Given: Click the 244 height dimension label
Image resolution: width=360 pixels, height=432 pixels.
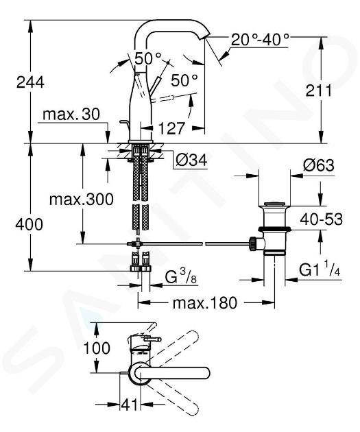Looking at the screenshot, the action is pyautogui.click(x=30, y=82).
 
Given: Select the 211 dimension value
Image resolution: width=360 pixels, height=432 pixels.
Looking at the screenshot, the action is pyautogui.click(x=319, y=91).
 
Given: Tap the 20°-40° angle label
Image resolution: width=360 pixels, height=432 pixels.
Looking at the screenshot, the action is pyautogui.click(x=260, y=40).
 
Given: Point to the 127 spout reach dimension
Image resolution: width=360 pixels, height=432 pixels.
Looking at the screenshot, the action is pyautogui.click(x=171, y=128).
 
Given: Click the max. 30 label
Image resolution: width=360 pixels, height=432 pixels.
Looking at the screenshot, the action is pyautogui.click(x=71, y=114).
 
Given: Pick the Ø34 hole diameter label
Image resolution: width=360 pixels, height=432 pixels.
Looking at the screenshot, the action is pyautogui.click(x=192, y=160).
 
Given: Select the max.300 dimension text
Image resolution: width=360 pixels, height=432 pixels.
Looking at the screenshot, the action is pyautogui.click(x=81, y=199).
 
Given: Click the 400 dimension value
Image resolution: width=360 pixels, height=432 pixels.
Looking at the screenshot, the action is pyautogui.click(x=29, y=224).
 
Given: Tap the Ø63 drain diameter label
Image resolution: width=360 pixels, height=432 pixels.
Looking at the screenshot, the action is pyautogui.click(x=319, y=165).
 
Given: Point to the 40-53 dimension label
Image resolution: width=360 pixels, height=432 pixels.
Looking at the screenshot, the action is pyautogui.click(x=322, y=219).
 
